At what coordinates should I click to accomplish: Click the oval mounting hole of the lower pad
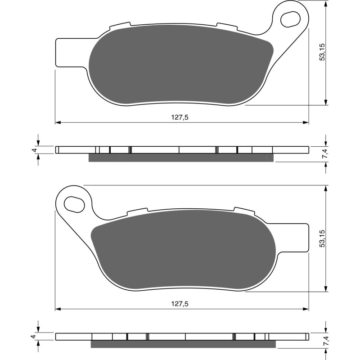click(74, 203)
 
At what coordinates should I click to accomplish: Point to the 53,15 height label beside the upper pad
click(321, 53)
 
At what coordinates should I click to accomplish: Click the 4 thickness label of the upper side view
click(34, 150)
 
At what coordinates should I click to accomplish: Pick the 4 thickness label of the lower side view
click(34, 336)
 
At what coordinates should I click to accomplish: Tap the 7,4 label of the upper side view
click(325, 153)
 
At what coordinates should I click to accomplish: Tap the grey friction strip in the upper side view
click(180, 157)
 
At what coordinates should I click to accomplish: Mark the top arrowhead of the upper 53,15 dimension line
click(325, 4)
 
